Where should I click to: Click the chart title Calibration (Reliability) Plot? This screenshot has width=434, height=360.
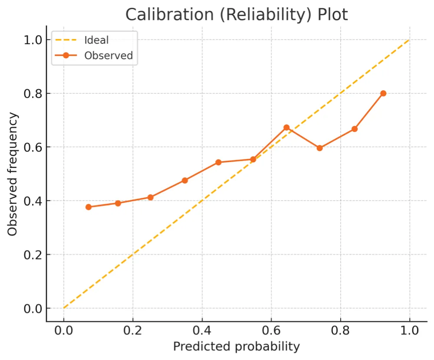(237, 15)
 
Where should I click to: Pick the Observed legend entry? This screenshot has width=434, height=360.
(108, 56)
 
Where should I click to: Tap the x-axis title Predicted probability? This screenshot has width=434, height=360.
(237, 347)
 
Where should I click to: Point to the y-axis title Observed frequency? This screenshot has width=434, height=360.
(13, 174)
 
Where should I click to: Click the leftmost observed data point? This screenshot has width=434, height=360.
(89, 207)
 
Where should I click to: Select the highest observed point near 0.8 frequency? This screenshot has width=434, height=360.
(383, 93)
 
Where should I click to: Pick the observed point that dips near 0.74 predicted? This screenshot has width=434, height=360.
(320, 148)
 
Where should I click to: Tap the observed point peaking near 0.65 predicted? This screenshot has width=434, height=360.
(286, 128)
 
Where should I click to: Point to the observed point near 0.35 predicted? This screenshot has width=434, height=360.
(185, 180)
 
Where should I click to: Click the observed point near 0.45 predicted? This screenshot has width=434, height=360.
(218, 162)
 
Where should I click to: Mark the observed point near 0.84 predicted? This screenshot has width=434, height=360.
(355, 129)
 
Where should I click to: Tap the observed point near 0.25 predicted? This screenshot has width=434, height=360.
(151, 197)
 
